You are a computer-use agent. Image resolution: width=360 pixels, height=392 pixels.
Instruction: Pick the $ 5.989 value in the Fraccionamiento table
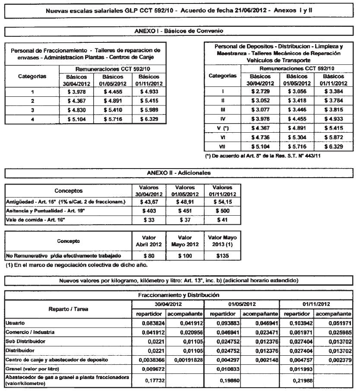pos(149,110)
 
